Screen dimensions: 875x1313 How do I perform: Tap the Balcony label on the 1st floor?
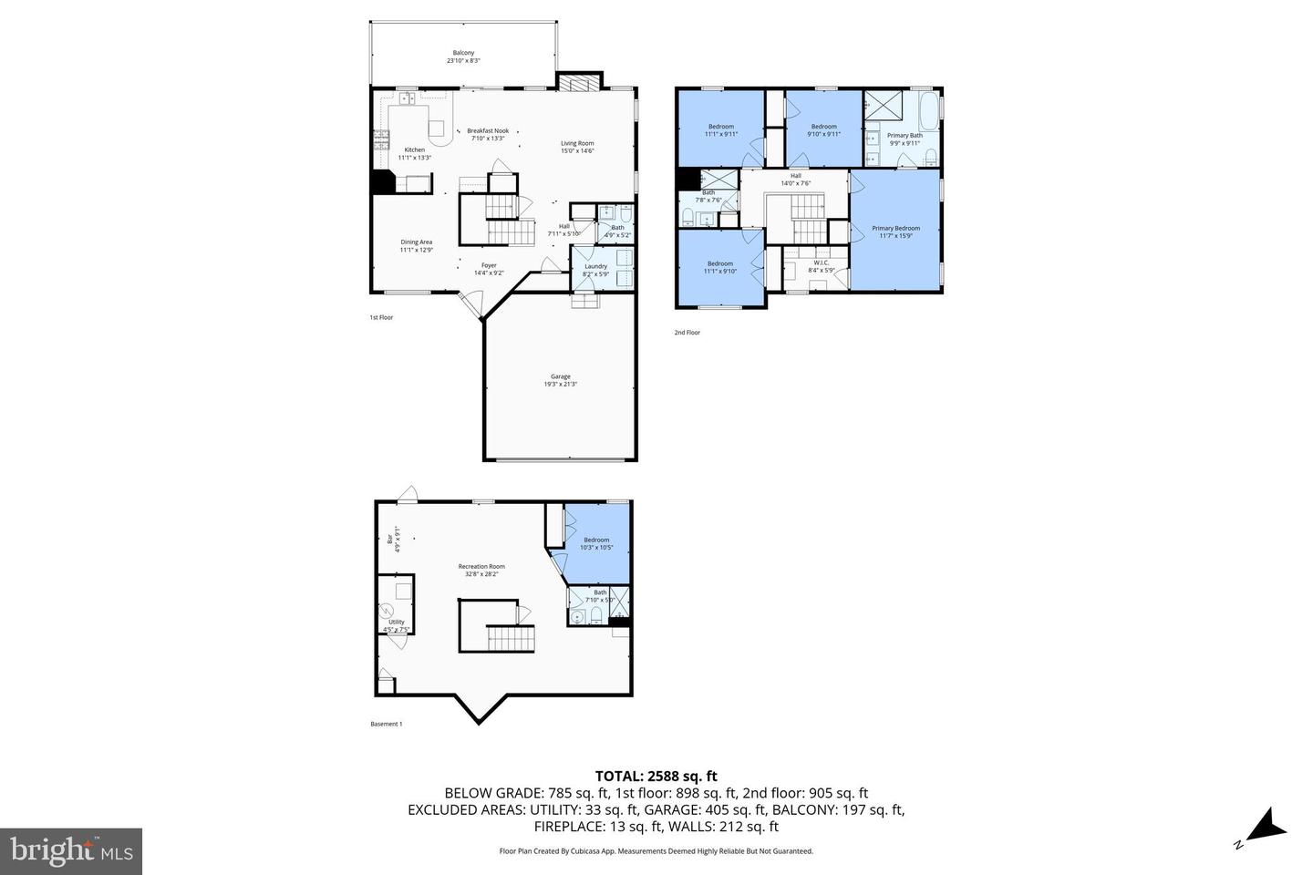pos(463,57)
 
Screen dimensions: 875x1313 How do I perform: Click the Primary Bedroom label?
pos(895,232)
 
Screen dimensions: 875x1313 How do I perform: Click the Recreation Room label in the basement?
pos(481,571)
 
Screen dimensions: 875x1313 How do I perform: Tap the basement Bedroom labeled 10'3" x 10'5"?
pos(597,543)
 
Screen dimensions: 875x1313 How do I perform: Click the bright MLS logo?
pos(71,851)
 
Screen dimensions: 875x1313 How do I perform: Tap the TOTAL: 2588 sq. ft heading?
pos(656,777)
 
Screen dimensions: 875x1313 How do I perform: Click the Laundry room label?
pos(595,270)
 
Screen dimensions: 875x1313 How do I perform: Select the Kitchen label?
pos(414,153)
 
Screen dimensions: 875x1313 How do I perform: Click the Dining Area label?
pos(416,245)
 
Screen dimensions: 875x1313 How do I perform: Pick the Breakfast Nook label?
pos(488,134)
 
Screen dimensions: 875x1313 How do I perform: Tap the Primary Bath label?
pos(905,139)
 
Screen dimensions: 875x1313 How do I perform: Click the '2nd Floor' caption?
pos(688,333)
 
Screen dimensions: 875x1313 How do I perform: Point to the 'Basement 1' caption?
pos(386,725)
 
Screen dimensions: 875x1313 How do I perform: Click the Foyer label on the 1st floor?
pos(490,269)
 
